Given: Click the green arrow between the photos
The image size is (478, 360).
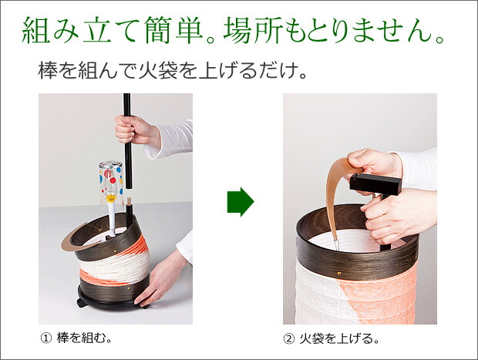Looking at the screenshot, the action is pyautogui.click(x=241, y=202).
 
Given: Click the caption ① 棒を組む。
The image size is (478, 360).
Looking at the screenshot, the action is pyautogui.click(x=76, y=338).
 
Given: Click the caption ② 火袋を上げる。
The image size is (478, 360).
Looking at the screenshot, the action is pyautogui.click(x=331, y=338).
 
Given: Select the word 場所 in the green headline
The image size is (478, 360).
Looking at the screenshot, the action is pyautogui.click(x=252, y=30).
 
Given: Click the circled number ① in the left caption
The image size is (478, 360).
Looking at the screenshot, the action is pyautogui.click(x=45, y=338).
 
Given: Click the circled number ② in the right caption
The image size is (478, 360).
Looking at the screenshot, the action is pyautogui.click(x=288, y=338).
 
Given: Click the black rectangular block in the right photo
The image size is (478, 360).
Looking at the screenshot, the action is pyautogui.click(x=375, y=184).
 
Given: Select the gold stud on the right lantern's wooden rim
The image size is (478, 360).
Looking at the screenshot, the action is pyautogui.click(x=339, y=273).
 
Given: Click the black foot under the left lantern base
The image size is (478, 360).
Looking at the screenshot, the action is pyautogui.click(x=82, y=304).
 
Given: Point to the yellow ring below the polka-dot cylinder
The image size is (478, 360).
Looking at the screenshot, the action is pyautogui.click(x=111, y=199).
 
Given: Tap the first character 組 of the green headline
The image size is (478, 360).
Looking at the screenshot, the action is pyautogui.click(x=36, y=30).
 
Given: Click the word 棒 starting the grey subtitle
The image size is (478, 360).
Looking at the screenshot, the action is pyautogui.click(x=47, y=71).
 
